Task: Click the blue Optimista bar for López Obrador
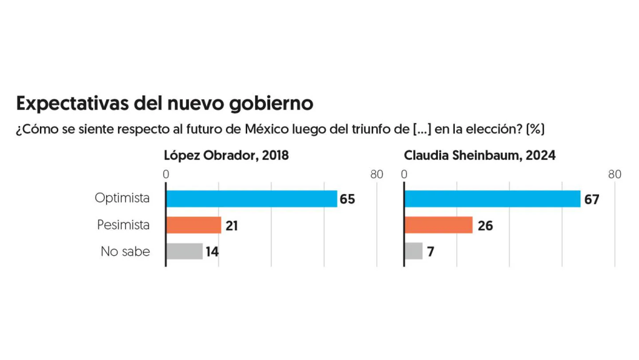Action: click(251, 199)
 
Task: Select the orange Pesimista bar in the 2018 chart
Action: click(193, 225)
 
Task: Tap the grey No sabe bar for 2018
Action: click(184, 251)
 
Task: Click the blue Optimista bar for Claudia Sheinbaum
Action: click(492, 199)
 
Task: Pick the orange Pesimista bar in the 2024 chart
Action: click(439, 225)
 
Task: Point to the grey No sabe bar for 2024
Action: click(414, 251)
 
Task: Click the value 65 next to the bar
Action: click(347, 200)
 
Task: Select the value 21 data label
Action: click(232, 226)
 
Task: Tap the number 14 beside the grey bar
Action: click(212, 252)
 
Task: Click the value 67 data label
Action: click(592, 200)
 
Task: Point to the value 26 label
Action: click(485, 226)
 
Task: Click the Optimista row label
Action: click(122, 198)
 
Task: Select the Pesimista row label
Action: click(124, 225)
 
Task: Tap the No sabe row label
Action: click(125, 251)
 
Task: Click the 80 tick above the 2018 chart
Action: click(376, 175)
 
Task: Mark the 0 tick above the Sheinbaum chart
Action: click(404, 175)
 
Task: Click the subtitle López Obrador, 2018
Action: click(227, 155)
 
